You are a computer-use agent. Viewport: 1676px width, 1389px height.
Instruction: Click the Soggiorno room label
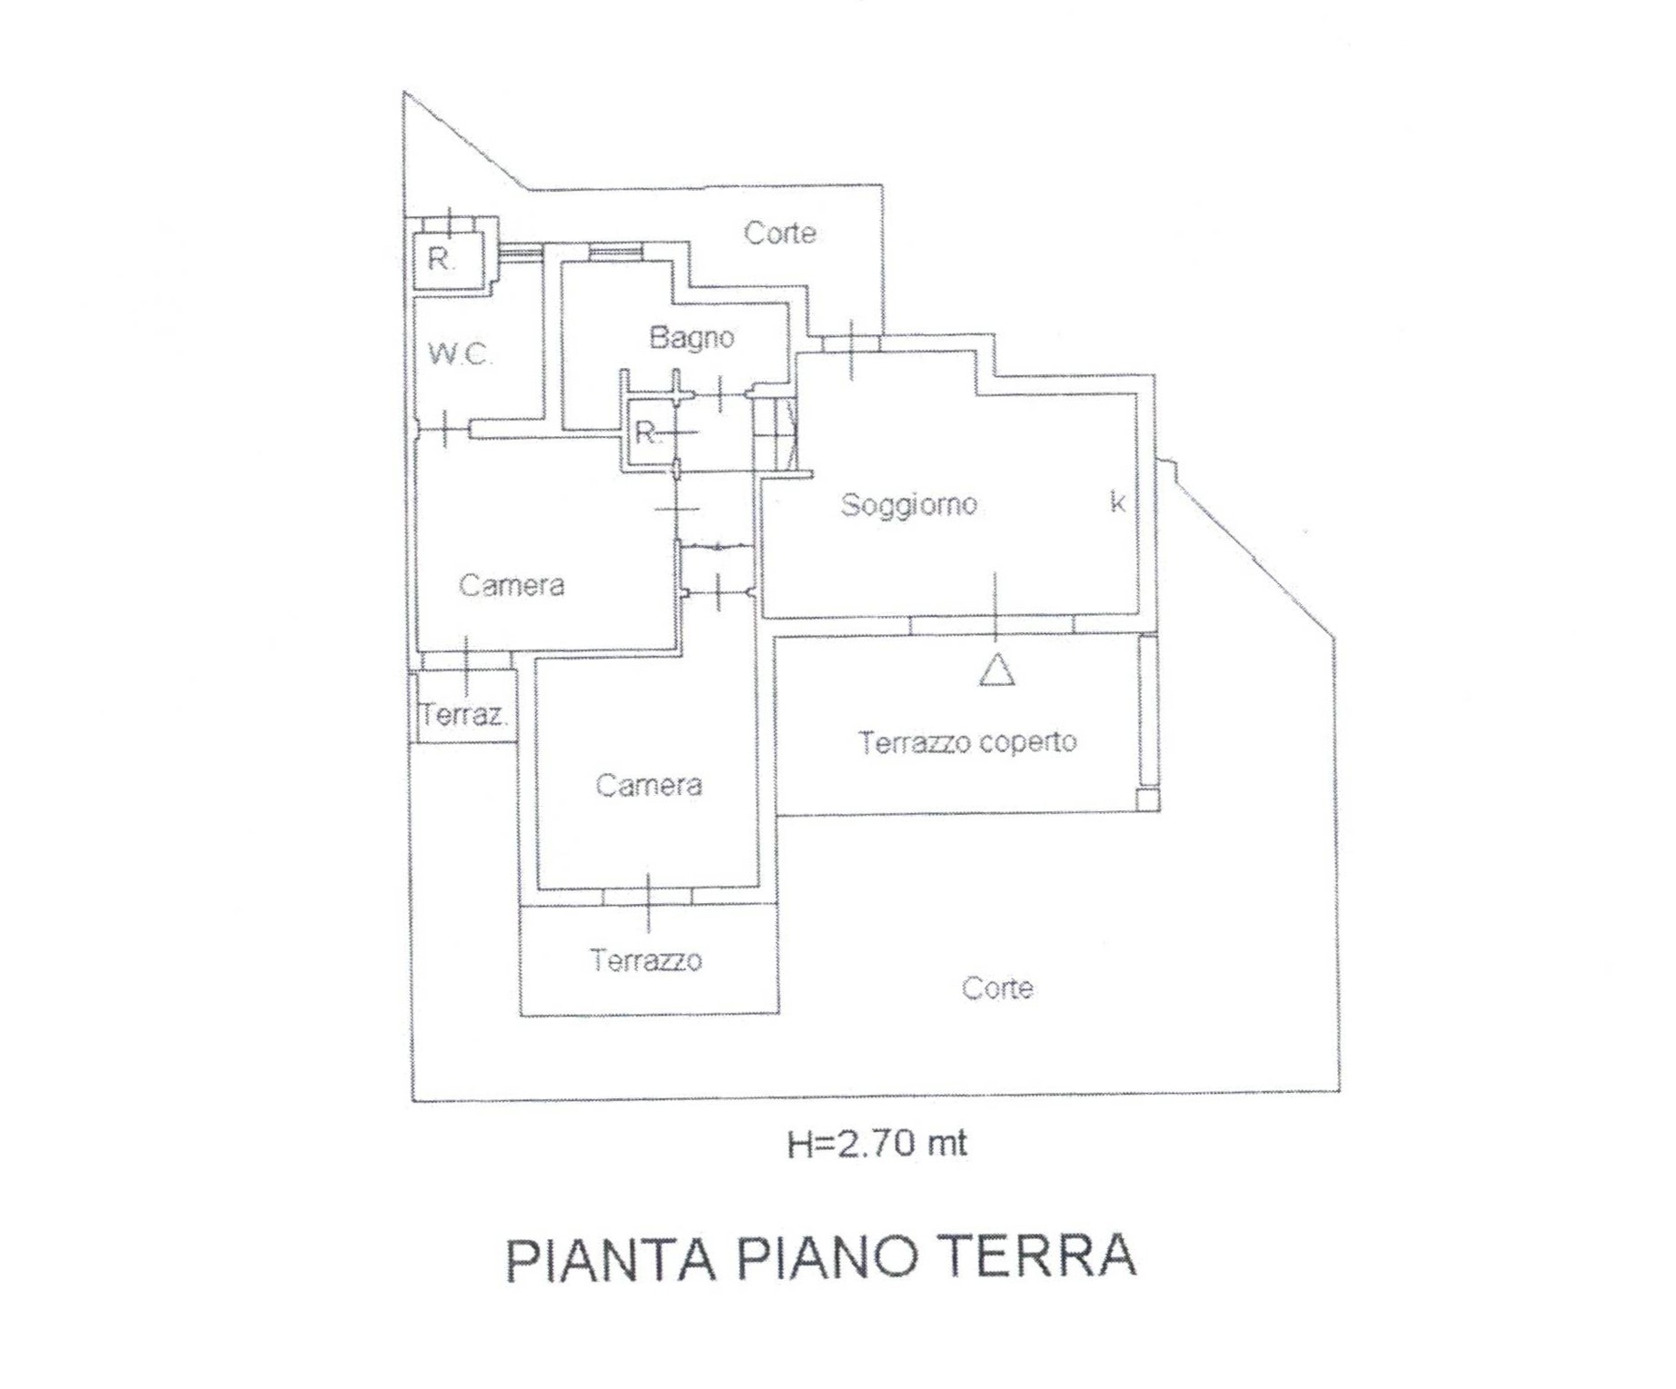908,505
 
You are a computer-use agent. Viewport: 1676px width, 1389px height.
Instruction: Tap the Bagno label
691,338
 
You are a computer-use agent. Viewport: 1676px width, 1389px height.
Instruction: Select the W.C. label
461,353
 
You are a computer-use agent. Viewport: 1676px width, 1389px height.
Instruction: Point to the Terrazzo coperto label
967,743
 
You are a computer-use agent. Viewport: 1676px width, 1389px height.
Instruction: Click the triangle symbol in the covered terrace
997,670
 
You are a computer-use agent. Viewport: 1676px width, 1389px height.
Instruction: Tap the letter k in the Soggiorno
1117,501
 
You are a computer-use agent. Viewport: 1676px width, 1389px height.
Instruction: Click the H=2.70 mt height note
877,1143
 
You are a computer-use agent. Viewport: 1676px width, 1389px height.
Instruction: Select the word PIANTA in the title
610,1258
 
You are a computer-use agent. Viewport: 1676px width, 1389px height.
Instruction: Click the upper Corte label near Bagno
779,233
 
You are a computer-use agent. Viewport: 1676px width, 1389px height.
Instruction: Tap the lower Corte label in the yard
997,988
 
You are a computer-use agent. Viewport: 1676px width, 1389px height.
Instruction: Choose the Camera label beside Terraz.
511,585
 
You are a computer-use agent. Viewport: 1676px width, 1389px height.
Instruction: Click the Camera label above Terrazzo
649,785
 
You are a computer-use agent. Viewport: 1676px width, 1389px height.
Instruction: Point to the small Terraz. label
463,715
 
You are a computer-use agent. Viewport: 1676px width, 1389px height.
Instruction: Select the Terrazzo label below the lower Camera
646,960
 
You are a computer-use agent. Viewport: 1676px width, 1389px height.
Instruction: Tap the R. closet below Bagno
648,432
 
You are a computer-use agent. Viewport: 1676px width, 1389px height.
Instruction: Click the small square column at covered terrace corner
1148,799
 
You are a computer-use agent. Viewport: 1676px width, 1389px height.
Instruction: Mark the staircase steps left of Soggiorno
774,434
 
